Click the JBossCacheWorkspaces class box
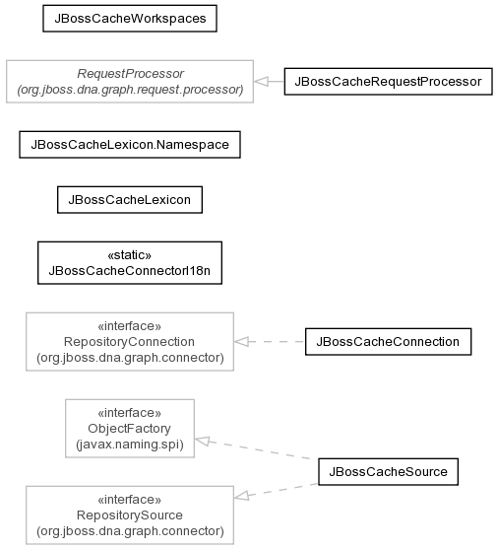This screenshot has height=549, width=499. [x=130, y=19]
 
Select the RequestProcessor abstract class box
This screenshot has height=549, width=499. [x=130, y=82]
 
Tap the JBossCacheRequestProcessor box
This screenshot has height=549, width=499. [x=388, y=82]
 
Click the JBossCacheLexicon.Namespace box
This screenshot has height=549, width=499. [x=130, y=145]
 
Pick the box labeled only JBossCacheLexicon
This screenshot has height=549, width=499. [x=130, y=200]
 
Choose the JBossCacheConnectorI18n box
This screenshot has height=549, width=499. [x=130, y=262]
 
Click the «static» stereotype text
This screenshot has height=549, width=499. [x=130, y=255]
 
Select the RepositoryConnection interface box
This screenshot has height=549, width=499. [x=130, y=342]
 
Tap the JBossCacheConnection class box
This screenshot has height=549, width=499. [x=388, y=342]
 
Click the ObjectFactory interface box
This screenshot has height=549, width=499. [x=130, y=428]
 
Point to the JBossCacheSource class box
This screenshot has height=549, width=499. [x=388, y=471]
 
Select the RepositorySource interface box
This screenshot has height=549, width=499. [x=130, y=515]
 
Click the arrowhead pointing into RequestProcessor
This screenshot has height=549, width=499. [x=261, y=82]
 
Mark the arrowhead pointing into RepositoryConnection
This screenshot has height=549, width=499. [x=241, y=342]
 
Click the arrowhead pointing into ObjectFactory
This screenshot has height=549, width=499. [x=202, y=441]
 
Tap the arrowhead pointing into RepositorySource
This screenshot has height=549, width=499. [x=241, y=496]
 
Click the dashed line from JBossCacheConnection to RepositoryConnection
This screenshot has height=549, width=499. [x=270, y=342]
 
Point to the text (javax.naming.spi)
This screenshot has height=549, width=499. [x=130, y=445]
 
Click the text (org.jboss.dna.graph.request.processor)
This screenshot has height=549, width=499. [x=130, y=90]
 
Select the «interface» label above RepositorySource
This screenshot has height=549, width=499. [x=130, y=500]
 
